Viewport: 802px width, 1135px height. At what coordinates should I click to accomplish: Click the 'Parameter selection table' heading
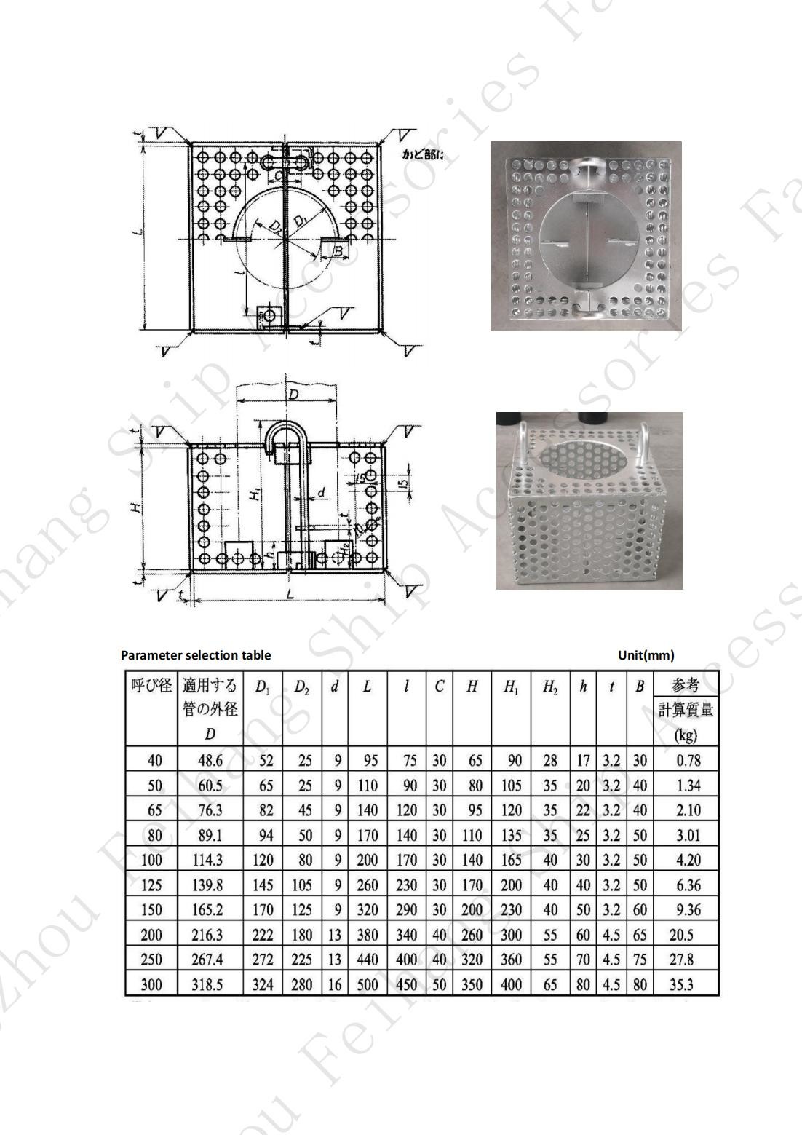tap(196, 654)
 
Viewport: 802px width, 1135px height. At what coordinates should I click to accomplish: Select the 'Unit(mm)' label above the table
tap(646, 654)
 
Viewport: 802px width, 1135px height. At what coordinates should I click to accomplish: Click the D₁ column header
tap(262, 687)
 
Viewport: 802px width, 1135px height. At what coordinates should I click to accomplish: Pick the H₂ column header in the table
tap(550, 687)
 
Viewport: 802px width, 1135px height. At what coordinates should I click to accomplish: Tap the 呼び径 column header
tap(151, 685)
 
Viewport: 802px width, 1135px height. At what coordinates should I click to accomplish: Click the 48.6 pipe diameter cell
tap(210, 761)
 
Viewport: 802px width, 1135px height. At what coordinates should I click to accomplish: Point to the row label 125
tap(151, 885)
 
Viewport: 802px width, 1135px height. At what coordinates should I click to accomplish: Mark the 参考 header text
tap(686, 685)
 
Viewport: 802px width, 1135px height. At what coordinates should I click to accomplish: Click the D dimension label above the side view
tap(293, 394)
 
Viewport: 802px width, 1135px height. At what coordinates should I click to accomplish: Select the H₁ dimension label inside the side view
tap(255, 494)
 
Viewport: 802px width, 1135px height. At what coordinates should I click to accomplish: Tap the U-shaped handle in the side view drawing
tap(287, 437)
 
